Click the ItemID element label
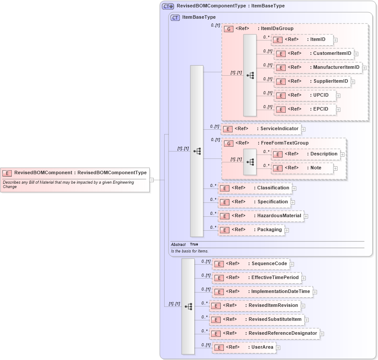pyautogui.click(x=317, y=40)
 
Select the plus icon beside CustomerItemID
pyautogui.click(x=356, y=54)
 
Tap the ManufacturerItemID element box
pyautogui.click(x=317, y=67)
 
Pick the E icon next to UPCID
pyautogui.click(x=281, y=95)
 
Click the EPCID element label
pyautogui.click(x=321, y=109)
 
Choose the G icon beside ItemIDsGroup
pyautogui.click(x=229, y=29)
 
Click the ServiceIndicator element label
pyautogui.click(x=279, y=129)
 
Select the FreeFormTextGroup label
pyautogui.click(x=285, y=143)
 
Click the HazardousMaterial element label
pyautogui.click(x=279, y=215)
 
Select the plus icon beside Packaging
pyautogui.click(x=287, y=230)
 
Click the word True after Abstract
pyautogui.click(x=194, y=245)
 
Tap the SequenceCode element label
pyautogui.click(x=269, y=264)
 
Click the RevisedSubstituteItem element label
pyautogui.click(x=275, y=320)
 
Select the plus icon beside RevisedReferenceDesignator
pyautogui.click(x=322, y=334)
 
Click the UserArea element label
pyautogui.click(x=262, y=347)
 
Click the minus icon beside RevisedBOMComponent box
pyautogui.click(x=152, y=179)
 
